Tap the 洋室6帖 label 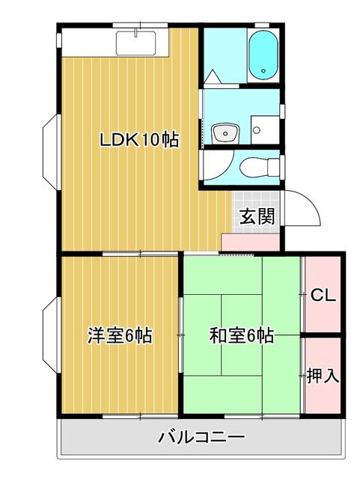pos(120,336)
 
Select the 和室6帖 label pos(240,336)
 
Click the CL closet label pos(323,293)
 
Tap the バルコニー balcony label pos(201,437)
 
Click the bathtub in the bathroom pos(262,55)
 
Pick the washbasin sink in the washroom pos(224,134)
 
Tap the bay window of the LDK pos(51,147)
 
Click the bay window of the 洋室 pos(51,335)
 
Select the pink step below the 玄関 pos(253,242)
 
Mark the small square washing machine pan pos(263,129)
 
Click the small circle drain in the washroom pos(257,129)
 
